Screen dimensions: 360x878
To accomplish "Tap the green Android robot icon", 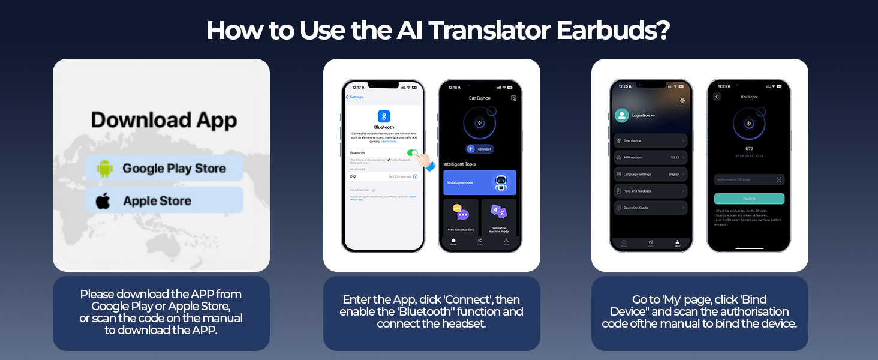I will point(104,169).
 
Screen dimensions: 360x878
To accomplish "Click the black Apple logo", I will point(103,200).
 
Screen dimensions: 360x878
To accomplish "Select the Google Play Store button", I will point(164,169).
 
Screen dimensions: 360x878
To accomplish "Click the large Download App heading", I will point(164,120).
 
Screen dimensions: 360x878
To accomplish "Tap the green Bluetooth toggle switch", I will point(413,153).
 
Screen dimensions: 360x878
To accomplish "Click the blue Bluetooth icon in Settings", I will point(384,116).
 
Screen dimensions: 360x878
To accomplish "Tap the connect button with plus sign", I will point(480,149).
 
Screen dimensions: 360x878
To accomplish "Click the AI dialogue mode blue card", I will point(479,182).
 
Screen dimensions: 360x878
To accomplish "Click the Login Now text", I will point(644,115).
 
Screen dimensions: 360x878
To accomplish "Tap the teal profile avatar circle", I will point(622,115).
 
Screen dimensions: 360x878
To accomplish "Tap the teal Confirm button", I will point(749,199).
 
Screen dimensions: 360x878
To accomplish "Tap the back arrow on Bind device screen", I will point(717,97).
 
